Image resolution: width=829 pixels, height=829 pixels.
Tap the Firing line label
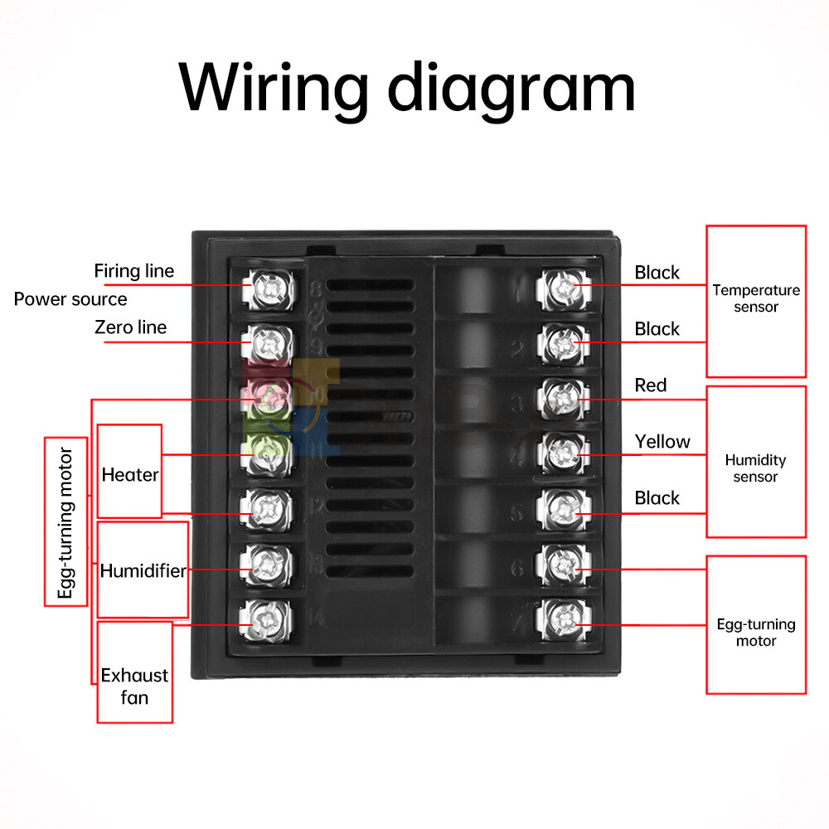click(x=133, y=271)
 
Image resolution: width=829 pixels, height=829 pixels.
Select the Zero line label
click(x=129, y=327)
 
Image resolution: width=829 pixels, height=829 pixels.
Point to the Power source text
click(x=70, y=299)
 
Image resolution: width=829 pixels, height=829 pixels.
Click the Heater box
click(x=129, y=472)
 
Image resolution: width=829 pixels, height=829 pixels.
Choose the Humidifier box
click(x=143, y=570)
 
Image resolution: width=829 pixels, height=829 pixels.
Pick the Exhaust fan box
click(x=134, y=671)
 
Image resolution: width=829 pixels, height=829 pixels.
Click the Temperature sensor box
click(x=755, y=300)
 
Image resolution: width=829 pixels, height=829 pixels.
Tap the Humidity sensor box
click(x=755, y=461)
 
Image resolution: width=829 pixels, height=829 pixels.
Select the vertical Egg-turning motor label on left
click(x=66, y=522)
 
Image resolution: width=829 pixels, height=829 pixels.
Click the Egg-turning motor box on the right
click(x=755, y=625)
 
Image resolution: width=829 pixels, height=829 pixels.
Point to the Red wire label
click(x=651, y=385)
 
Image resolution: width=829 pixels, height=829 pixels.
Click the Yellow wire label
click(x=662, y=442)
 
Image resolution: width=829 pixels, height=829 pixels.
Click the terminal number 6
click(x=517, y=570)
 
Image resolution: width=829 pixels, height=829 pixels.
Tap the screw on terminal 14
click(x=267, y=617)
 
